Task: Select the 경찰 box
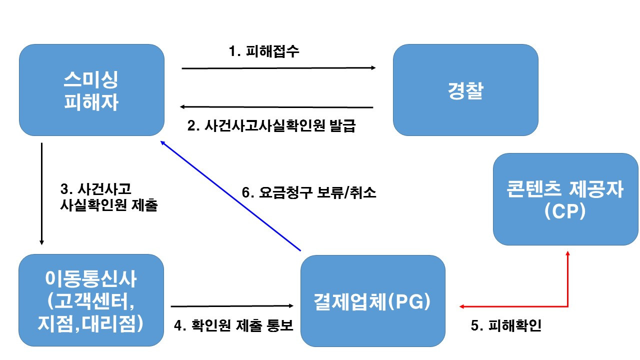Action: click(465, 90)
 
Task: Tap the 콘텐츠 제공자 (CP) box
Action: click(565, 199)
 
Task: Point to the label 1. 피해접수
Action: click(264, 51)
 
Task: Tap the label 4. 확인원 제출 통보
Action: click(233, 325)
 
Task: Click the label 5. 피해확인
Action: click(506, 325)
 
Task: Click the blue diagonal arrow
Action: click(230, 195)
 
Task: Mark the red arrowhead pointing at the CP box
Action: click(567, 253)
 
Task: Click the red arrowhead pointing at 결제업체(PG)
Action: click(462, 306)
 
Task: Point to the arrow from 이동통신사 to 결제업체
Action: click(232, 305)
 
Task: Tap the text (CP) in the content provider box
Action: click(565, 212)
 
